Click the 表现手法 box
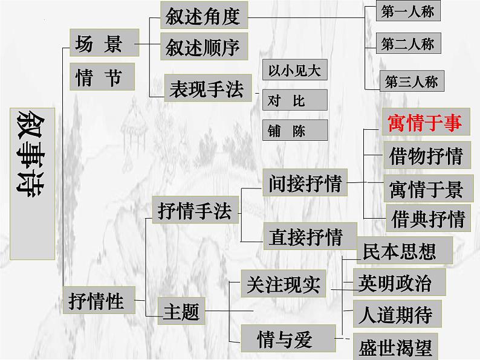pyautogui.click(x=206, y=89)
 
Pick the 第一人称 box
pyautogui.click(x=407, y=12)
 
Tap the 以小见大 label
pyautogui.click(x=294, y=70)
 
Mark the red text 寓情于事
pyautogui.click(x=424, y=123)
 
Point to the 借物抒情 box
pyautogui.click(x=426, y=156)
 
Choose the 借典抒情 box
pyautogui.click(x=428, y=219)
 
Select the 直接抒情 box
pyautogui.click(x=305, y=236)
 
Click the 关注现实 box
pyautogui.click(x=283, y=284)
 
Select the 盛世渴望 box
pyautogui.click(x=395, y=347)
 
